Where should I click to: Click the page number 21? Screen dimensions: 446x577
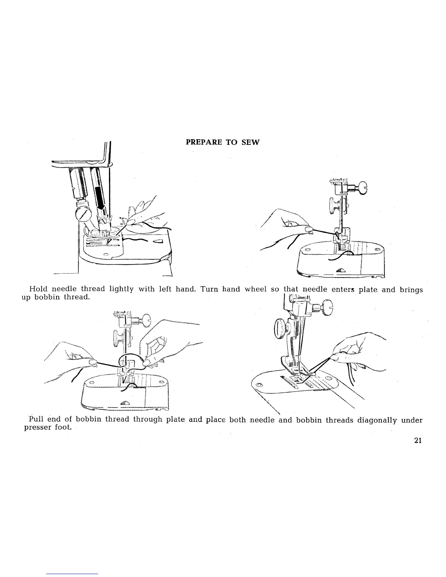click(418, 440)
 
